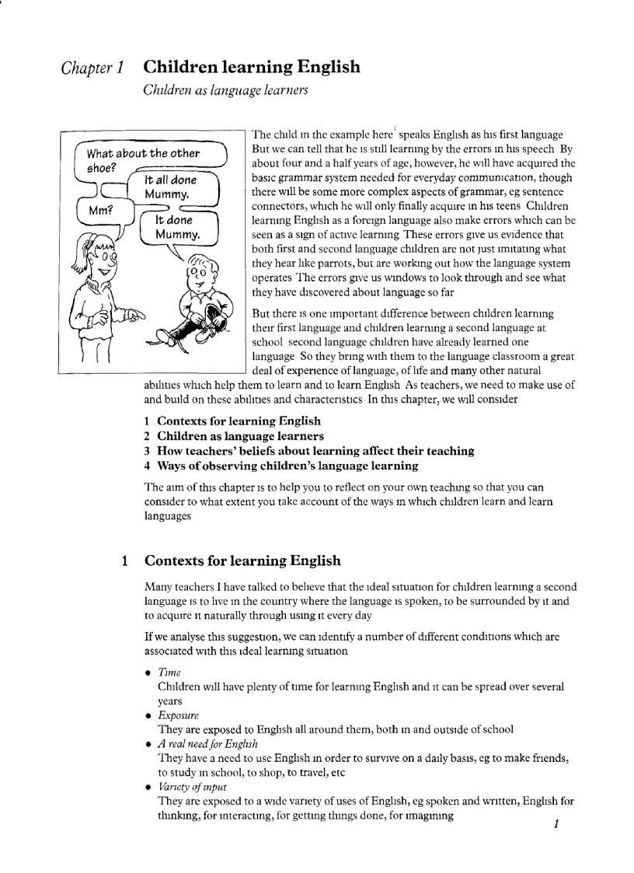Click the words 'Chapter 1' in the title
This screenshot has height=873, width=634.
(x=92, y=68)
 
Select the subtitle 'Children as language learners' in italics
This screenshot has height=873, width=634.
(x=225, y=90)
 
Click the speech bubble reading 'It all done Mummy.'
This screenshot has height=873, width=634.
(x=173, y=187)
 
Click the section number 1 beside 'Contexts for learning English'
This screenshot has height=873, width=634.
(x=125, y=560)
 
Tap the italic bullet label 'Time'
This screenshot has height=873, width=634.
(x=169, y=672)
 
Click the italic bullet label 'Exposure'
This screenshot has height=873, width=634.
(x=178, y=715)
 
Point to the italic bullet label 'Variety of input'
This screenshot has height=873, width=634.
(x=192, y=787)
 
